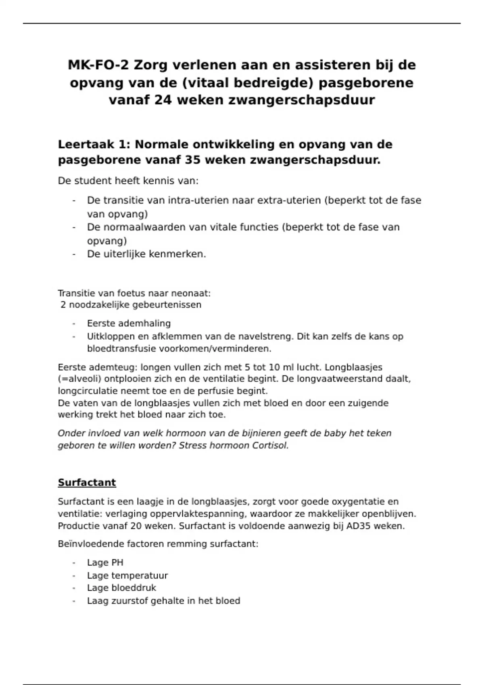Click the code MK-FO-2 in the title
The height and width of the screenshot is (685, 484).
click(x=98, y=65)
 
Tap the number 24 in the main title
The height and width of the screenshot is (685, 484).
click(x=163, y=100)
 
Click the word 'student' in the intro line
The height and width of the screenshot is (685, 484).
click(x=94, y=181)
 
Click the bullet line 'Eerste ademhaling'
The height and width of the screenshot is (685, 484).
click(x=129, y=324)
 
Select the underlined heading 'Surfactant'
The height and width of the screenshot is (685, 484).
click(x=87, y=483)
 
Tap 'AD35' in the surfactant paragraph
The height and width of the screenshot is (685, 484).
click(x=357, y=526)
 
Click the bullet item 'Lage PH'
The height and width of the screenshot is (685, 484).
click(x=105, y=563)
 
